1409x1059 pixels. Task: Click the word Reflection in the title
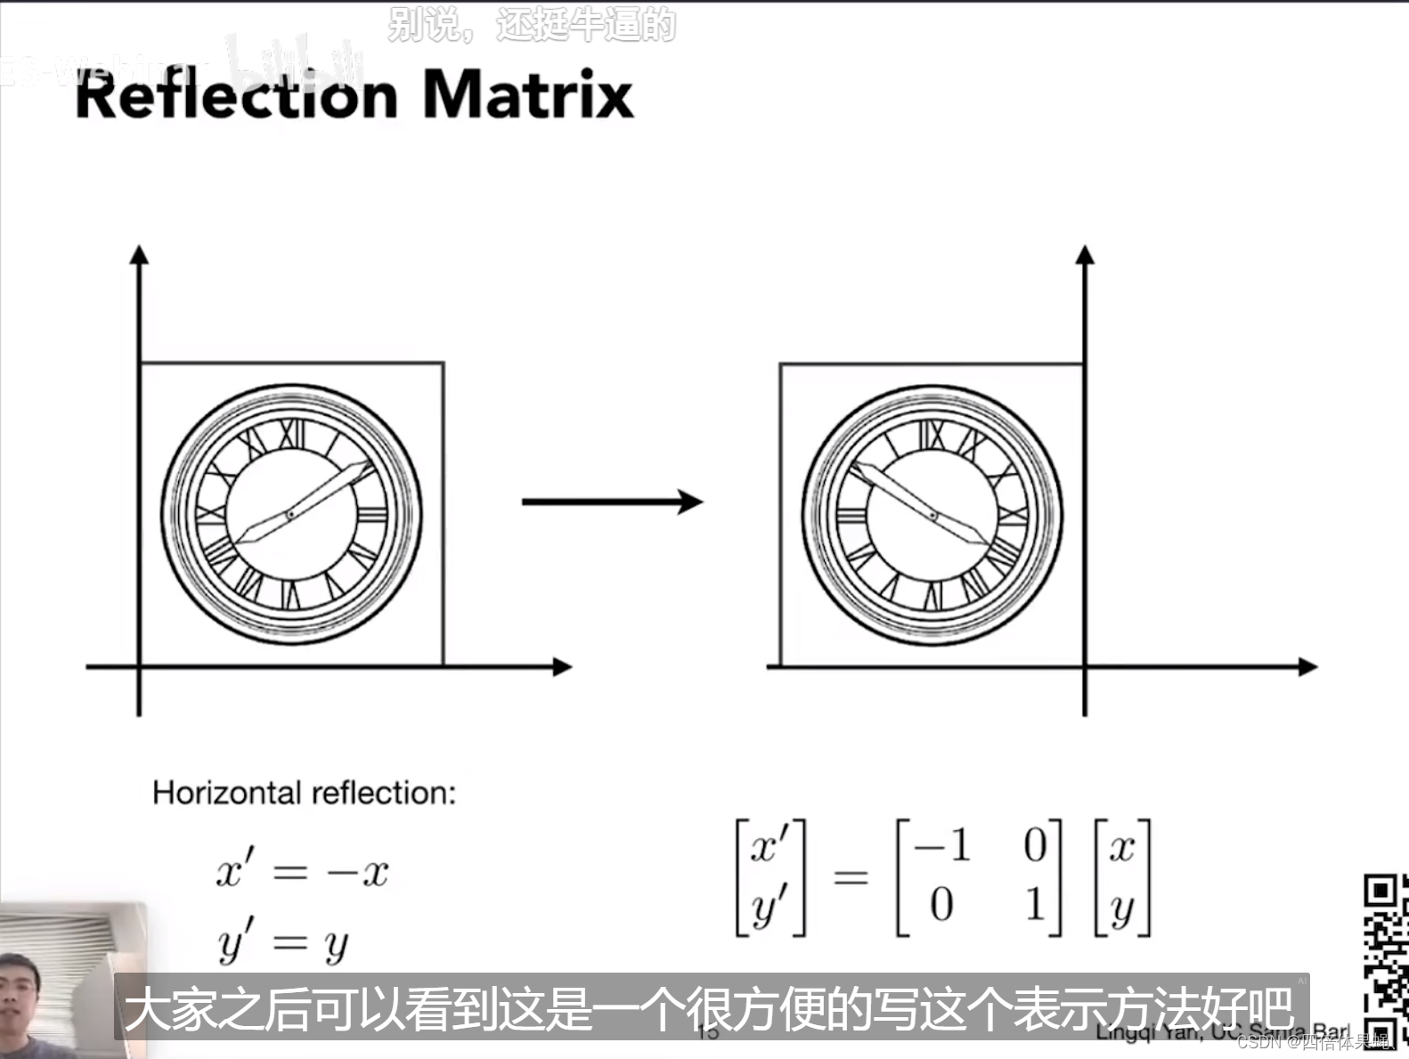tap(236, 95)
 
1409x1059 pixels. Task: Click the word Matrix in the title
tap(527, 94)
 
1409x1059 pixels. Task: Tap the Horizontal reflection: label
tap(304, 793)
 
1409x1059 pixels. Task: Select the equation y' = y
tap(283, 942)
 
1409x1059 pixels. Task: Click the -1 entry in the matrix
tap(941, 844)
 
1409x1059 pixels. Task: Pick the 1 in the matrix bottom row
tap(1034, 906)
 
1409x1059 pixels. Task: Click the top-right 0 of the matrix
tap(1034, 844)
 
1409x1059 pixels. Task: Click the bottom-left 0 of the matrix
tap(941, 906)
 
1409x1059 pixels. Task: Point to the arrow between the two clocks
tap(612, 502)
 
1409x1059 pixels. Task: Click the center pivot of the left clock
tap(290, 515)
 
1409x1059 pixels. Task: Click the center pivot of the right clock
tap(933, 515)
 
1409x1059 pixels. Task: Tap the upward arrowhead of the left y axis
tap(139, 255)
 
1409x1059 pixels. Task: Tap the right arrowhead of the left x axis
tap(562, 666)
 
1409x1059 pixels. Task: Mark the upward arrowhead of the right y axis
tap(1084, 255)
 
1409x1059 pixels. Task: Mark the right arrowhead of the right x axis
tap(1307, 666)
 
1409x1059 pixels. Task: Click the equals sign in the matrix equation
tap(851, 878)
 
